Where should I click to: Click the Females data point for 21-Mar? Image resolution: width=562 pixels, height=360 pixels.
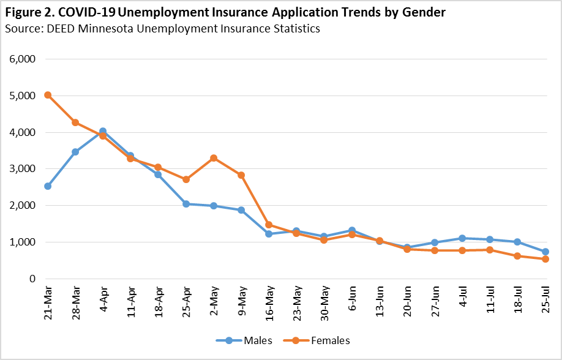pyautogui.click(x=48, y=95)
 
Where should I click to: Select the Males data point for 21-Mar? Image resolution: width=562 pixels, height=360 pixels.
pyautogui.click(x=48, y=186)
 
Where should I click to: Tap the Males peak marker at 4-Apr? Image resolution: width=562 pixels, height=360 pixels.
pyautogui.click(x=103, y=131)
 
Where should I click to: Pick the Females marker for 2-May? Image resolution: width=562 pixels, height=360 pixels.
pyautogui.click(x=213, y=158)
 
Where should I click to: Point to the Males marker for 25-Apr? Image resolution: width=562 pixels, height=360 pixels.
pyautogui.click(x=185, y=204)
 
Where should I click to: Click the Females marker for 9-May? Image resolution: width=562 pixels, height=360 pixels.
pyautogui.click(x=241, y=175)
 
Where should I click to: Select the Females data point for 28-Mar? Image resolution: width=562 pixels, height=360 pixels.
pyautogui.click(x=75, y=122)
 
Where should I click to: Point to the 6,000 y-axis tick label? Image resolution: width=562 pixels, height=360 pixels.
pyautogui.click(x=23, y=59)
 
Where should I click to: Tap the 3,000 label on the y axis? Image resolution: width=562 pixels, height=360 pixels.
pyautogui.click(x=23, y=169)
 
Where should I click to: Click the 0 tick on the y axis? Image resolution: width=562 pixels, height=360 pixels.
pyautogui.click(x=32, y=279)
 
